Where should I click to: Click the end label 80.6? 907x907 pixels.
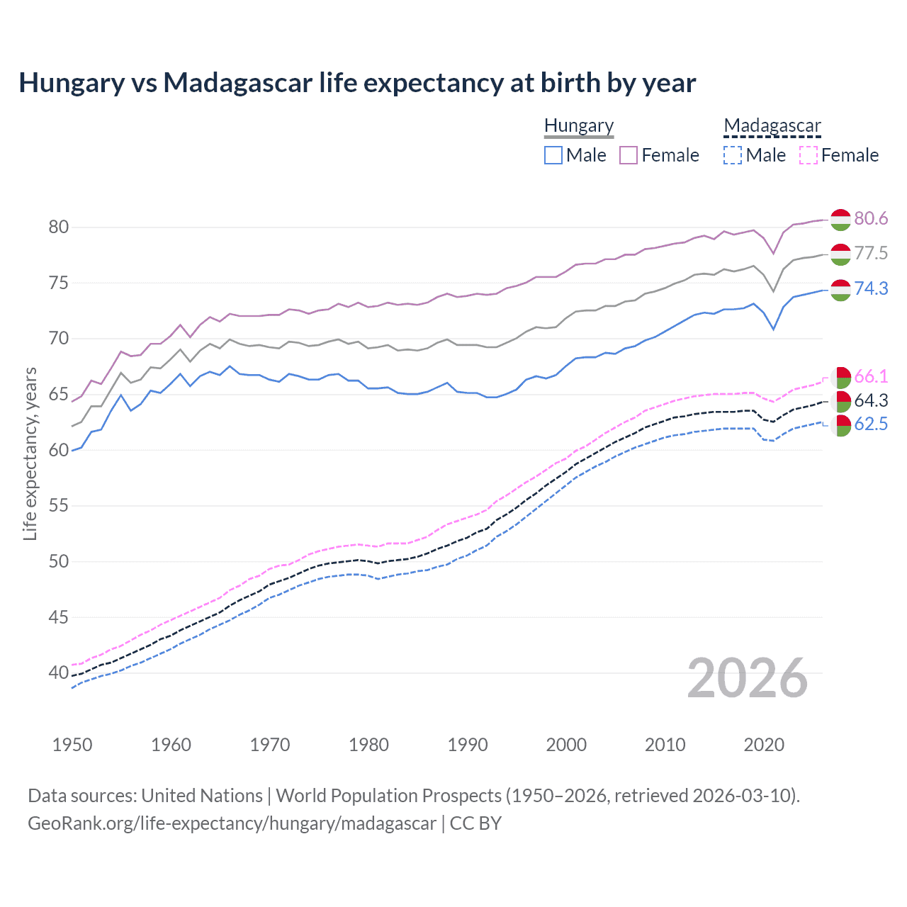click(871, 218)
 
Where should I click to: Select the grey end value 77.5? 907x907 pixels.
click(871, 253)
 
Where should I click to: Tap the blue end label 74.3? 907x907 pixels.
click(871, 288)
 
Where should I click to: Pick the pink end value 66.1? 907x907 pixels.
click(871, 376)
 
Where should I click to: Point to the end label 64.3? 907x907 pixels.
click(871, 400)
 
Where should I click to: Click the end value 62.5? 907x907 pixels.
click(871, 424)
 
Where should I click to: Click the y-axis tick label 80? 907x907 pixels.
click(59, 227)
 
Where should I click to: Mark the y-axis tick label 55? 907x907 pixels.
click(59, 505)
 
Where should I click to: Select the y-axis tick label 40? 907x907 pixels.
click(59, 672)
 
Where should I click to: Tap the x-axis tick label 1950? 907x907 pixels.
click(72, 745)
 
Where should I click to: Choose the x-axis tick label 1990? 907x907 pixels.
click(468, 745)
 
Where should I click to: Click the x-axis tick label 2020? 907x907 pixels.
click(764, 745)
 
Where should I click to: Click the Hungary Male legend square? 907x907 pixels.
click(553, 155)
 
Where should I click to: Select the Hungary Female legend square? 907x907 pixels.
click(629, 155)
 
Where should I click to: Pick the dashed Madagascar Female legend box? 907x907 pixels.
click(809, 155)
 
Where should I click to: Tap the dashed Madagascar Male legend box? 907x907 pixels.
click(733, 155)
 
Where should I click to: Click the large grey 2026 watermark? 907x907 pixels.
click(748, 678)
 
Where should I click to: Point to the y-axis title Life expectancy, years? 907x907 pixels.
click(30, 453)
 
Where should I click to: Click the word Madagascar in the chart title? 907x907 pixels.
click(237, 83)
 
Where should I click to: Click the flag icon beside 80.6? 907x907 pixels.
click(840, 219)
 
